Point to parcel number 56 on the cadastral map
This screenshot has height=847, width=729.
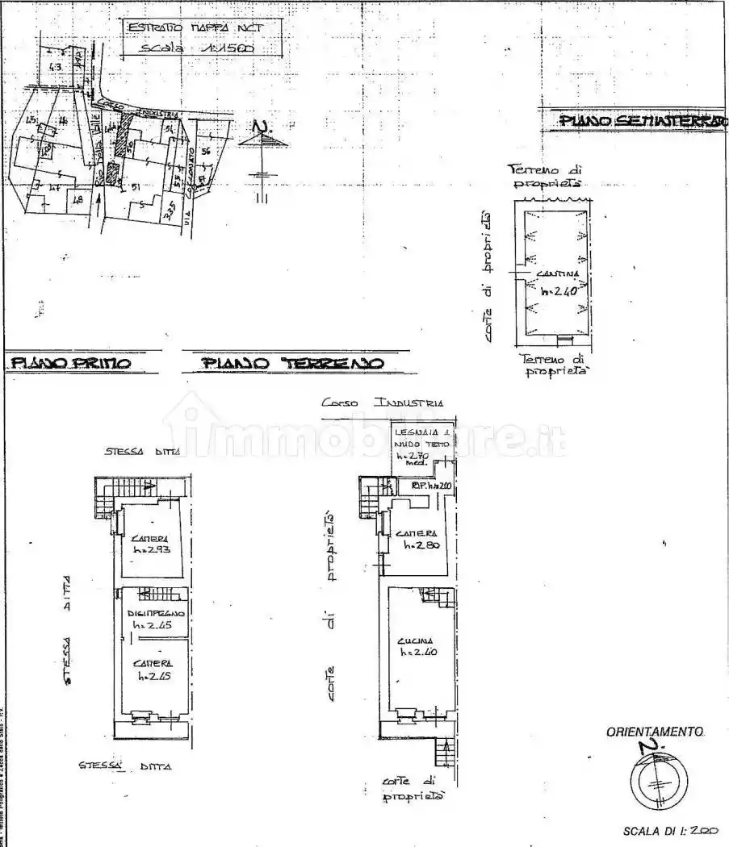205,151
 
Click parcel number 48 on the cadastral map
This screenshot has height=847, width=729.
78,199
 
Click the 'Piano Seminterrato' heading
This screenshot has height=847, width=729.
643,121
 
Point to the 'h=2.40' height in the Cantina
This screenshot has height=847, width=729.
559,291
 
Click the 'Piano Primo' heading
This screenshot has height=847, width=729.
69,364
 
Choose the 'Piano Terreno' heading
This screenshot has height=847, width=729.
292,364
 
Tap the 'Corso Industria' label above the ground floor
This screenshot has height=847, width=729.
381,402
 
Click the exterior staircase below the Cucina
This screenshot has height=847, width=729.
445,753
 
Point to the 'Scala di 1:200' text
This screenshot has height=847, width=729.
669,830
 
